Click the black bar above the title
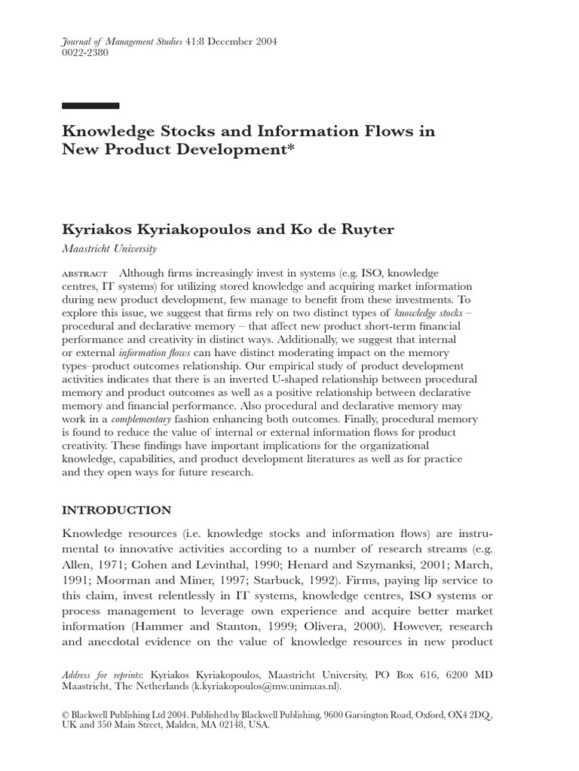click(x=90, y=105)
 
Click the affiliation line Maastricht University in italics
click(x=109, y=249)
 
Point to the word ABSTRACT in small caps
click(x=84, y=273)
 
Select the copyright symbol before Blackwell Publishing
click(x=66, y=713)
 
